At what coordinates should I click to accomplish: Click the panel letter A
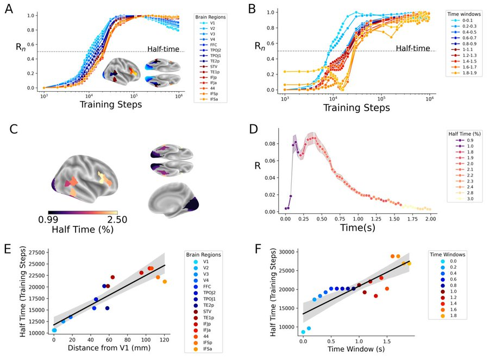9,10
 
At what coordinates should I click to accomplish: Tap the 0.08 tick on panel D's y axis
272,144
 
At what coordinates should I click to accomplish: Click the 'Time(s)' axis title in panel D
359,228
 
